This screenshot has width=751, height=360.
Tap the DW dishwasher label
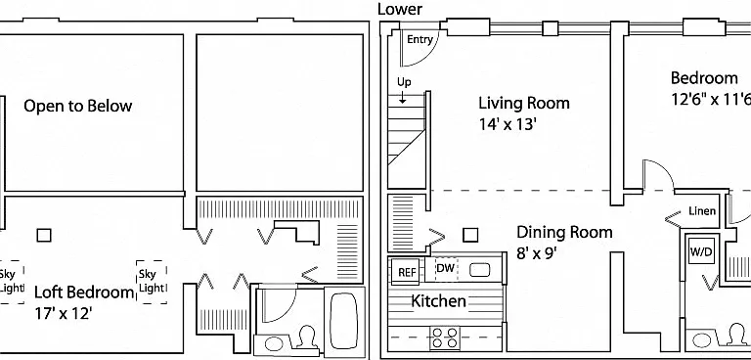click(446, 268)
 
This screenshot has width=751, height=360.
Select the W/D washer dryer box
click(702, 250)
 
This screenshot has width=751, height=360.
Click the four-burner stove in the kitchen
click(445, 337)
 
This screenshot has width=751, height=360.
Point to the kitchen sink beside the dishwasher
click(479, 270)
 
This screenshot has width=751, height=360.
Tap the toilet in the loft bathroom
click(306, 338)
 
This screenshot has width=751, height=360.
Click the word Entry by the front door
click(420, 40)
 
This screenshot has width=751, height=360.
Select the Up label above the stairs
click(404, 82)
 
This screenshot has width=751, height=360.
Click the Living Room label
click(524, 103)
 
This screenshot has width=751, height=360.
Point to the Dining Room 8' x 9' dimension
click(537, 253)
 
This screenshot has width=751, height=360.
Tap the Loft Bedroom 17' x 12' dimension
click(64, 313)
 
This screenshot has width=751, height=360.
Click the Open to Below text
click(77, 106)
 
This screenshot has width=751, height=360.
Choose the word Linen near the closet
click(702, 211)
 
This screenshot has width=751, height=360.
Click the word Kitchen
click(438, 301)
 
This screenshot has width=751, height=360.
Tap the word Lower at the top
click(400, 9)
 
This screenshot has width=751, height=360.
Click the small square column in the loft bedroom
click(44, 235)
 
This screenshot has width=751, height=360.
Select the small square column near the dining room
click(470, 235)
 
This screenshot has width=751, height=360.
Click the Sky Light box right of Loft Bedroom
click(152, 282)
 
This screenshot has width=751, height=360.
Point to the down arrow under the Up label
click(402, 97)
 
